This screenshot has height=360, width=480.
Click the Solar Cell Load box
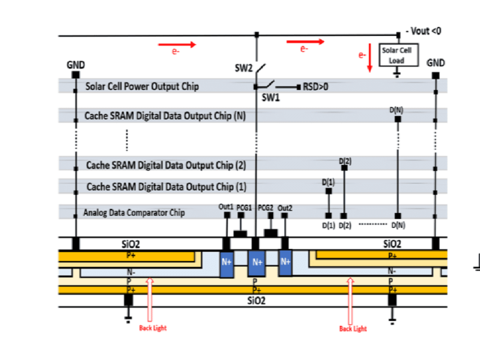click(396, 55)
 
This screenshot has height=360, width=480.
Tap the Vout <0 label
click(423, 31)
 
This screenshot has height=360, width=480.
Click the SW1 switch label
click(271, 97)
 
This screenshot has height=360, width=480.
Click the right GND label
click(436, 62)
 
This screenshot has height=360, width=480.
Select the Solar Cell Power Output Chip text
click(142, 86)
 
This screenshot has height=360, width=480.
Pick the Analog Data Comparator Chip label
click(134, 212)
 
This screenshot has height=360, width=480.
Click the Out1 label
click(226, 207)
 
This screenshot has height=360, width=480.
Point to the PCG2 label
click(266, 207)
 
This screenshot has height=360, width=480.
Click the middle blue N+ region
click(257, 262)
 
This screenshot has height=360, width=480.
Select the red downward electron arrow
click(370, 62)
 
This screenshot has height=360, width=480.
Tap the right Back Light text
click(352, 328)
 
